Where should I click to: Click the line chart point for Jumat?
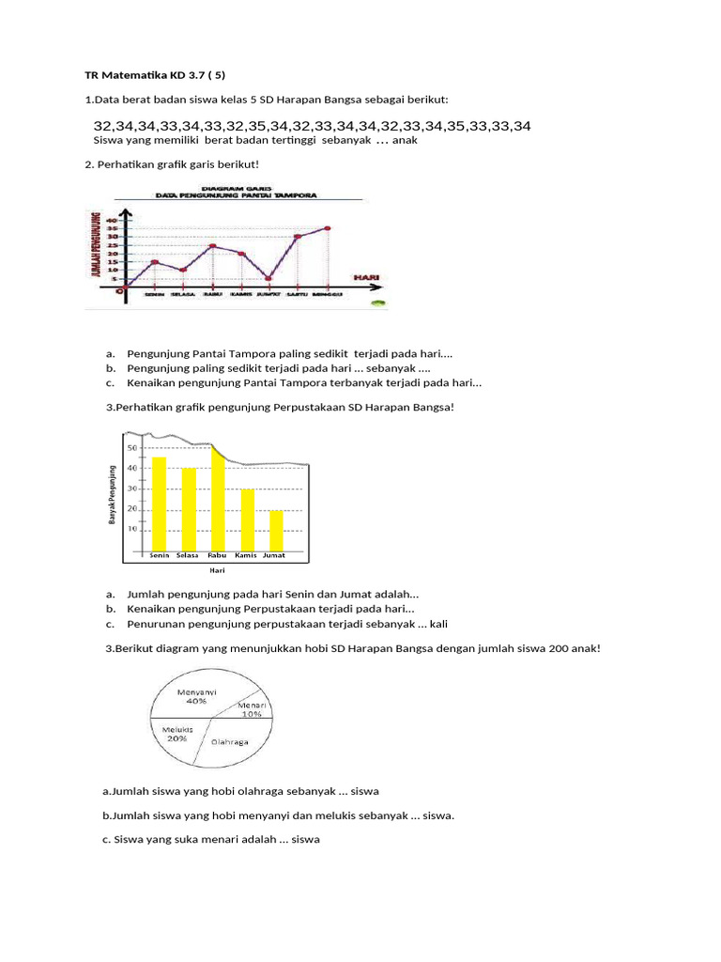point(268,278)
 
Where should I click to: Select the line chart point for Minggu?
point(328,227)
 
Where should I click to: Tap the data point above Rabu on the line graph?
point(213,246)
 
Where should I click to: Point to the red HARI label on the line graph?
point(366,277)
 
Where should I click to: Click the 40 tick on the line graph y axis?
point(112,220)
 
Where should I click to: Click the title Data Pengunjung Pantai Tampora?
point(236,195)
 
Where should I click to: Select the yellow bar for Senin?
point(160,503)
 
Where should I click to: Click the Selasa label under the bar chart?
point(187,555)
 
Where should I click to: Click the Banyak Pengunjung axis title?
point(113,494)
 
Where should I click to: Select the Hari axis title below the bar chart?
point(217,569)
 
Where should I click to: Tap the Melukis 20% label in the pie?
point(176,733)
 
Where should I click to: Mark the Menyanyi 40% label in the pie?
point(197,694)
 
